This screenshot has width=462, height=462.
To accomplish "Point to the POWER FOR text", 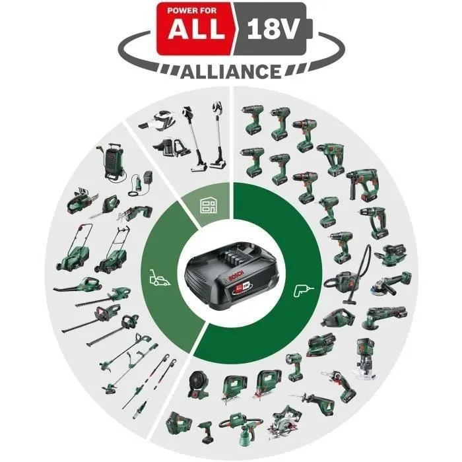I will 191,10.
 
